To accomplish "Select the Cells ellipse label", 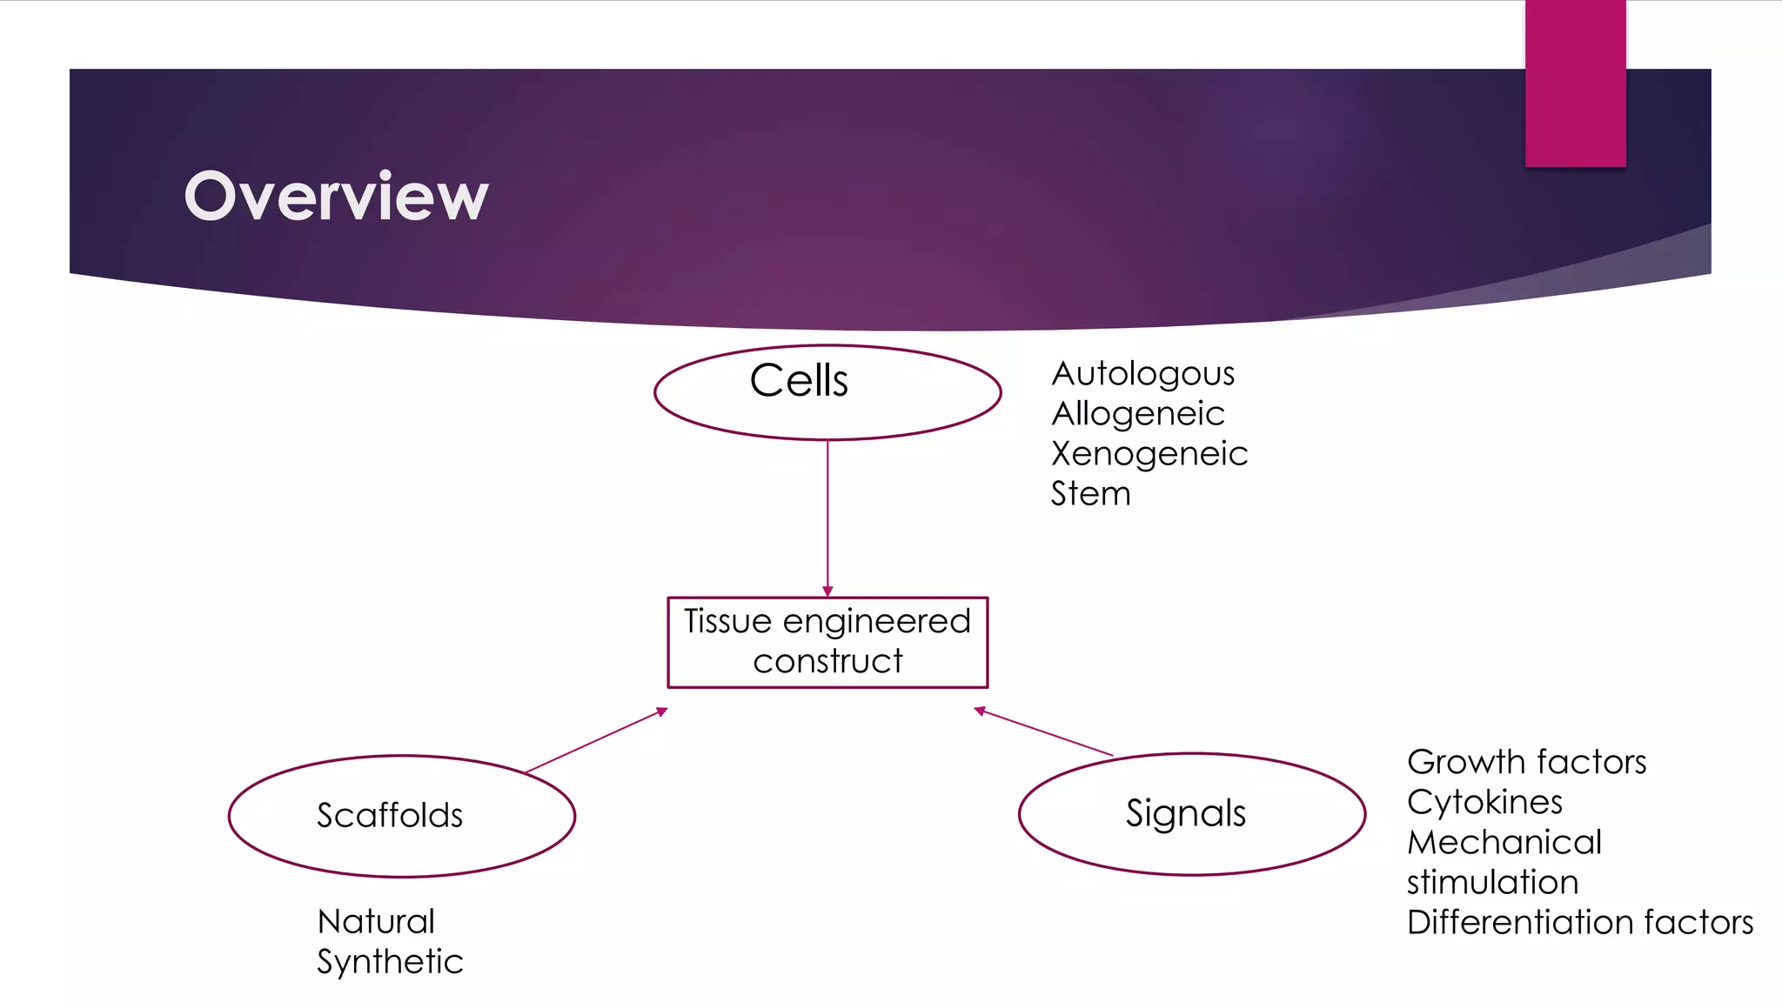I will (x=799, y=381).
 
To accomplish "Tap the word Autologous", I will (x=1142, y=374).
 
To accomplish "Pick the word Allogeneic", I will (x=1137, y=414).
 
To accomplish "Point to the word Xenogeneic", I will (x=1149, y=454).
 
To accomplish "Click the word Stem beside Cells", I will (x=1090, y=494).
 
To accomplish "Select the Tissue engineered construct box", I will (x=827, y=642).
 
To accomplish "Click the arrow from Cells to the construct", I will (x=827, y=518).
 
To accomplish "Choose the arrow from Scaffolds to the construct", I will (x=596, y=741).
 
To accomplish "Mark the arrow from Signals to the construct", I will (x=1043, y=732).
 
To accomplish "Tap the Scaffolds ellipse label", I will (x=390, y=816).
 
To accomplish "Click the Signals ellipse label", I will (x=1185, y=813).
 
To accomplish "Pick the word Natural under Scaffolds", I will (x=376, y=922).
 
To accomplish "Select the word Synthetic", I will (x=390, y=962).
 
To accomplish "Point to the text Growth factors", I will (x=1526, y=762).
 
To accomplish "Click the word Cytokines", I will (x=1484, y=802).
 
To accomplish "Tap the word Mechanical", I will (x=1504, y=842).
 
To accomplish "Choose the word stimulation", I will (x=1492, y=882).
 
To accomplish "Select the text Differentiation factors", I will (x=1579, y=922).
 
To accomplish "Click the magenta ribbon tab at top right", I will (x=1575, y=83).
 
